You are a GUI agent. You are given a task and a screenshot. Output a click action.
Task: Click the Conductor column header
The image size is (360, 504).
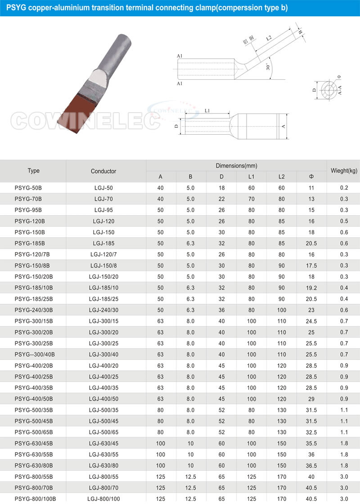coord(103,171)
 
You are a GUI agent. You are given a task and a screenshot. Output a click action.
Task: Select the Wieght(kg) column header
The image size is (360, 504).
coord(344,171)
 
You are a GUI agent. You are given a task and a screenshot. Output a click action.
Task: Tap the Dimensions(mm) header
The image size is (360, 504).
coord(236,166)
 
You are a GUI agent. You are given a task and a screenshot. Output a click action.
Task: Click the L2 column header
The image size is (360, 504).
coord(281,177)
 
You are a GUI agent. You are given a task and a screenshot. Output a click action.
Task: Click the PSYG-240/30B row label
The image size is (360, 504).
coord(34,310)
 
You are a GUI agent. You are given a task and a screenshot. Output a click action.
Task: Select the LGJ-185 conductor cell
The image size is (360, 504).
coord(103,244)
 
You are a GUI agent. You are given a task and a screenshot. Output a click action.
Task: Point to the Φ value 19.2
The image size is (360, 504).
coord(311,288)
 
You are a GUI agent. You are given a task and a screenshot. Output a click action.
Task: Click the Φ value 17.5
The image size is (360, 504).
coord(311,266)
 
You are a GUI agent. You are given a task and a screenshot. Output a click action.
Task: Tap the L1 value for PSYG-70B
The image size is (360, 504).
coord(251,199)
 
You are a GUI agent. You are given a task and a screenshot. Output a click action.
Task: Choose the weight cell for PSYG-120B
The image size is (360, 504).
coord(344,221)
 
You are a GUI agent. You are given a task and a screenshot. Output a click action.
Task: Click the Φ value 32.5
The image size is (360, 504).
coord(311,431)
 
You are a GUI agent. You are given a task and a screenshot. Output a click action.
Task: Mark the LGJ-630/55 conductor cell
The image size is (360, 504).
coord(103,454)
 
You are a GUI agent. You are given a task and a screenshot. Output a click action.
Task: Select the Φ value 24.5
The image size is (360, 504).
coord(311,321)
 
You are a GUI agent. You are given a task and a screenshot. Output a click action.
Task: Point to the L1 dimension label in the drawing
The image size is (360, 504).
coord(207,110)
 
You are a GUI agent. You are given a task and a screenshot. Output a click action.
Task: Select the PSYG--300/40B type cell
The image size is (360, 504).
coord(35,354)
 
